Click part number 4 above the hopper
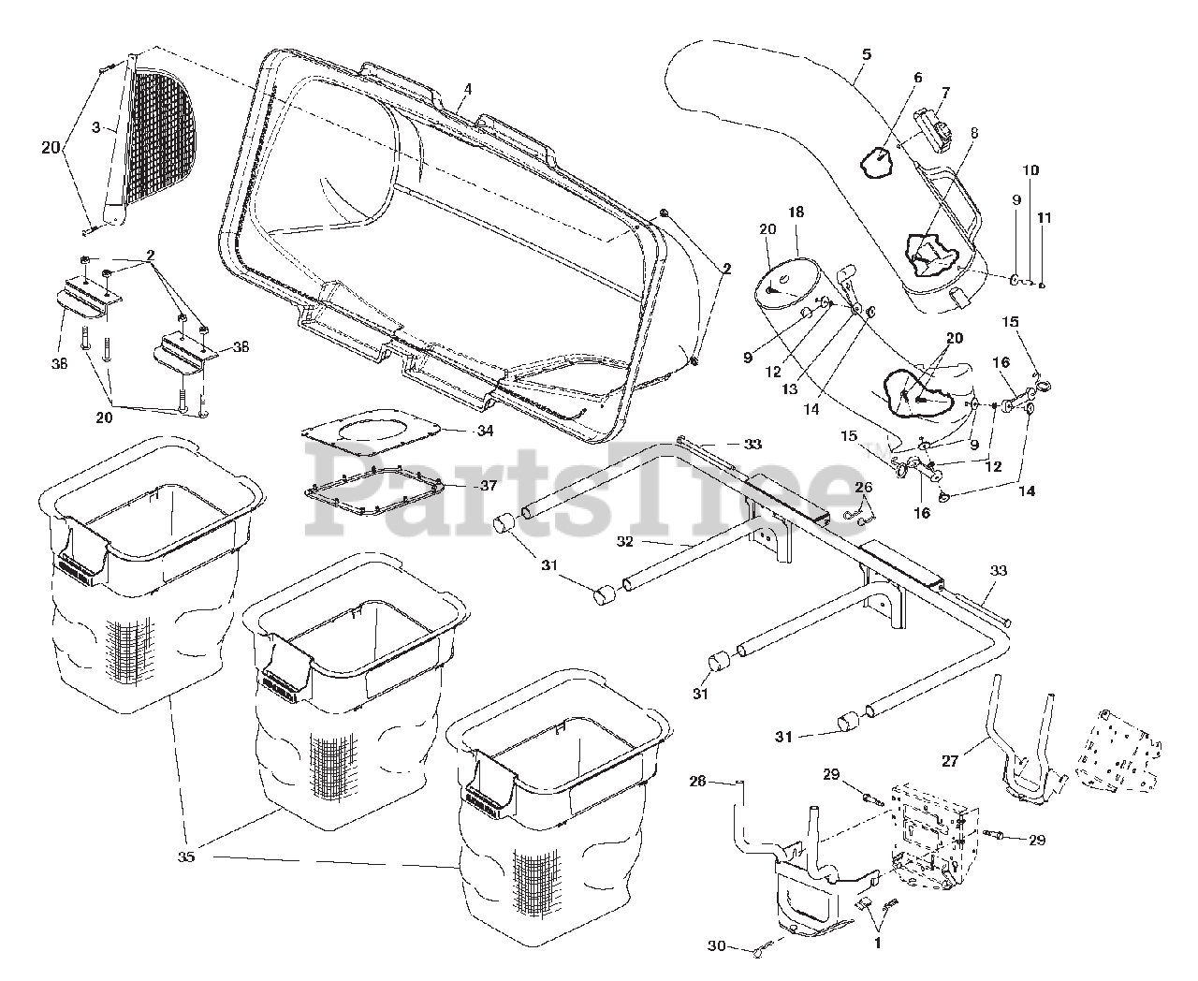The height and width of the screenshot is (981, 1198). point(467,89)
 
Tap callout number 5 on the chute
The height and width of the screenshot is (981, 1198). point(866,54)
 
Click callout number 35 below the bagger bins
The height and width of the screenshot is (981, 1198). point(186,856)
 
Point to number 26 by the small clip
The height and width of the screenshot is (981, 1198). point(863,487)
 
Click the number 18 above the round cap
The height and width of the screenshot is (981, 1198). point(796,213)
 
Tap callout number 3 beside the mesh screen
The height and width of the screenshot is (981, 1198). point(95,128)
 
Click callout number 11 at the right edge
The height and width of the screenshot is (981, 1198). point(1045,218)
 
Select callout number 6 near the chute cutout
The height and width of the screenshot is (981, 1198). point(917,78)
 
